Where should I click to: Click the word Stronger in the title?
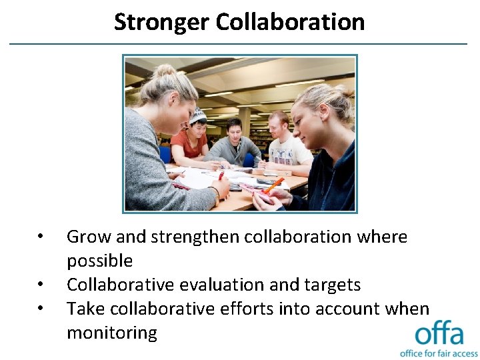click(x=161, y=22)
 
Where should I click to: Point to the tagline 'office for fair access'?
click(x=439, y=353)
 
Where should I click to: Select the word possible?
click(x=99, y=261)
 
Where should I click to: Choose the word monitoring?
click(x=111, y=333)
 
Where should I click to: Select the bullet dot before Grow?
click(x=41, y=237)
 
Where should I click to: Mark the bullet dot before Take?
click(x=41, y=309)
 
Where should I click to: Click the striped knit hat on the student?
click(x=198, y=115)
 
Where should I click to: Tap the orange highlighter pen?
click(x=274, y=185)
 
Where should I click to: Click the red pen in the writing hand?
click(x=221, y=176)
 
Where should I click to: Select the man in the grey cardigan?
click(x=233, y=143)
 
